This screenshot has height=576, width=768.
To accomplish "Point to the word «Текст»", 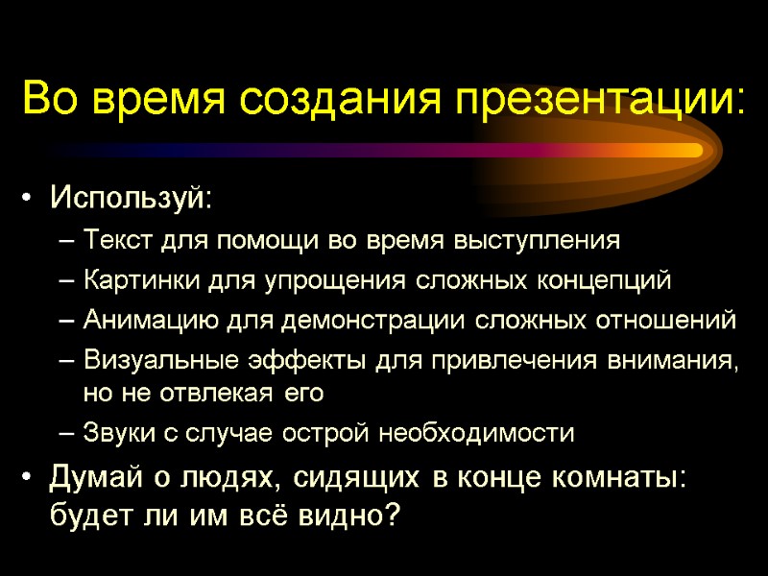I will click(115, 240).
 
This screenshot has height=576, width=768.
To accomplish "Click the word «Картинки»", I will click(132, 280).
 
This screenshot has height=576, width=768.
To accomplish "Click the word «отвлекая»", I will click(231, 393).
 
